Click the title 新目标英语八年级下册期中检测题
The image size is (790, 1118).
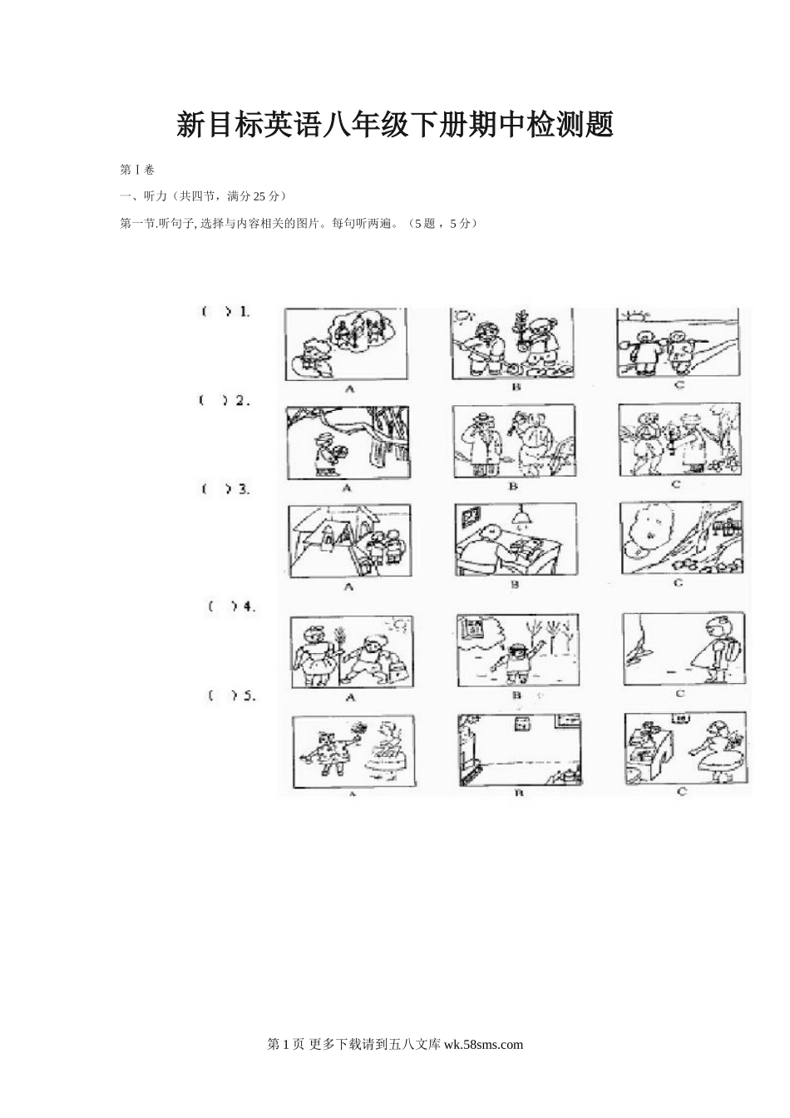[395, 125]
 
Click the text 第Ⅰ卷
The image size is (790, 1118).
[137, 171]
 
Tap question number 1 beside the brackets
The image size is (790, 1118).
[244, 312]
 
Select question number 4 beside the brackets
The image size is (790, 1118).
[249, 607]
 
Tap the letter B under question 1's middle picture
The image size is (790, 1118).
[516, 386]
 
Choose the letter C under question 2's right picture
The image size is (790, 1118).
[676, 484]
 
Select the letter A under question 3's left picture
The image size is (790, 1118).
[348, 586]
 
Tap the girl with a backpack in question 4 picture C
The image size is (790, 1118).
[715, 648]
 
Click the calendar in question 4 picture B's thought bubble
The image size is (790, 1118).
[472, 629]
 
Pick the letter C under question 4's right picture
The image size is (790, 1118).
[679, 694]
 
